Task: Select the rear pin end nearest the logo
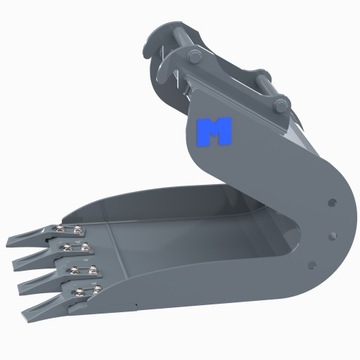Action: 281,102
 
